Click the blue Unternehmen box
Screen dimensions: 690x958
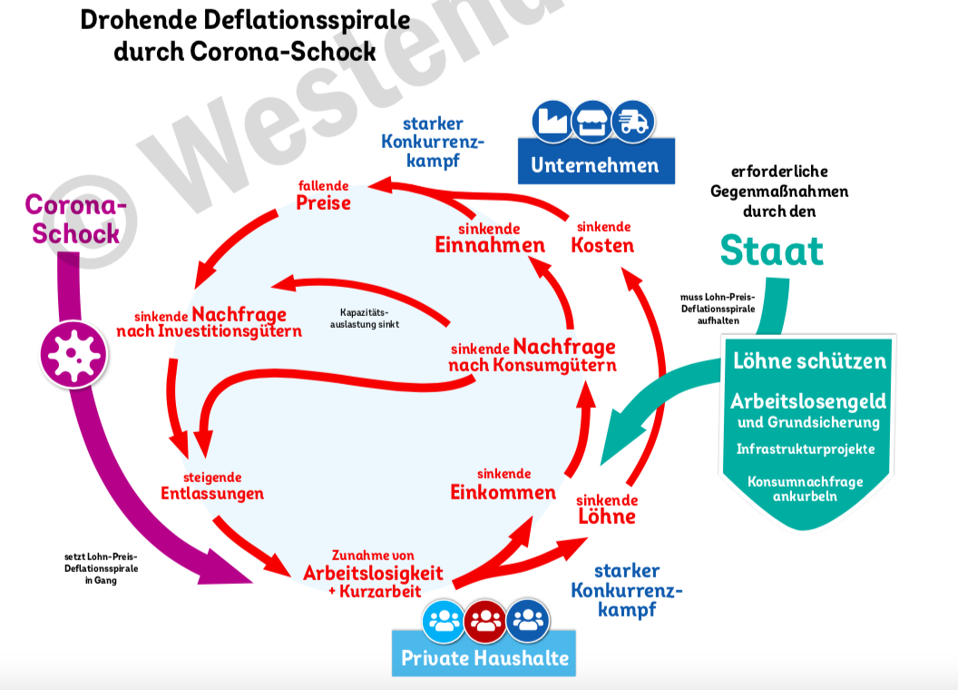(595, 165)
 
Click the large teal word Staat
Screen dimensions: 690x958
(772, 250)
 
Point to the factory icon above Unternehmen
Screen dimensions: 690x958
(552, 122)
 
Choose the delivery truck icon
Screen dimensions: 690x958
(632, 122)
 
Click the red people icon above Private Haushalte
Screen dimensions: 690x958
(486, 621)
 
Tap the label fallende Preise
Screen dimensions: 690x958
(323, 195)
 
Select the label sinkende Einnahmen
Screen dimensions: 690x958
(490, 238)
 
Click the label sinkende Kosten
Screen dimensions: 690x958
(602, 238)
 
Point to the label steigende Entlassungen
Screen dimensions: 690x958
(212, 487)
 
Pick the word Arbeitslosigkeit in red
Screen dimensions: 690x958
(373, 573)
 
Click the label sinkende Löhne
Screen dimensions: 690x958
(607, 509)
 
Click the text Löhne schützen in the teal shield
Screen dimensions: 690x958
(809, 360)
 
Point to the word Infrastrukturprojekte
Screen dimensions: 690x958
(806, 449)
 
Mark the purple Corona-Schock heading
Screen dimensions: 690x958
(75, 219)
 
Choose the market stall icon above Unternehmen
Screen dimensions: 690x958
(592, 122)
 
